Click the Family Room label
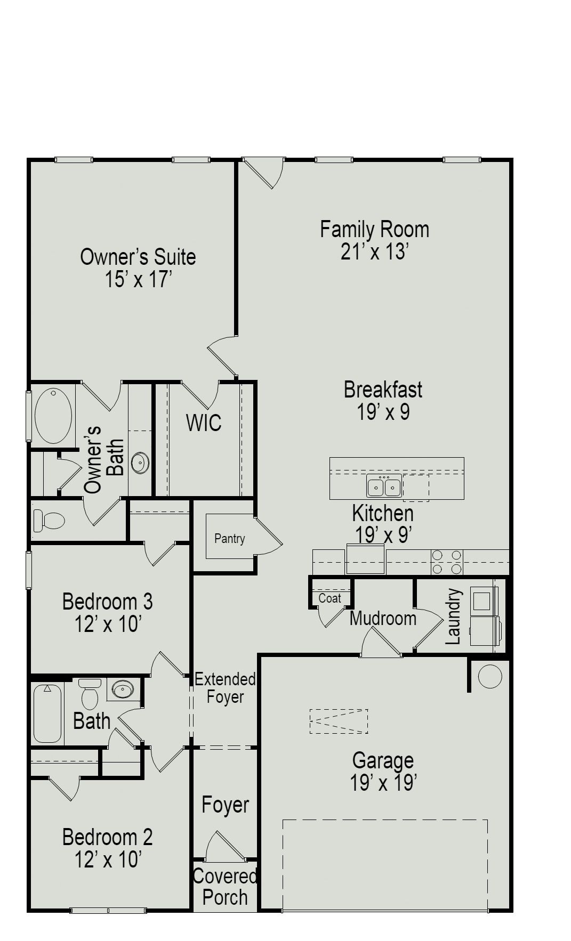(x=374, y=229)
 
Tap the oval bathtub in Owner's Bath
(x=53, y=415)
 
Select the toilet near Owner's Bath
(x=48, y=521)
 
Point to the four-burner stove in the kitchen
(x=446, y=562)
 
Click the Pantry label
(x=229, y=538)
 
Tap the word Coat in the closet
(x=329, y=598)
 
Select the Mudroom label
(x=383, y=619)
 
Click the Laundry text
(x=453, y=616)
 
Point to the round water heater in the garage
(x=489, y=676)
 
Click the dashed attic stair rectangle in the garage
(x=339, y=721)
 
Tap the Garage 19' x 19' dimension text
(x=383, y=783)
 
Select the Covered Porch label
(x=224, y=887)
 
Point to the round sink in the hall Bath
(x=124, y=689)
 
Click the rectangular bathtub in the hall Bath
(x=47, y=713)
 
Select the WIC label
(x=204, y=423)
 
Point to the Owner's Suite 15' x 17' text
(x=138, y=279)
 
